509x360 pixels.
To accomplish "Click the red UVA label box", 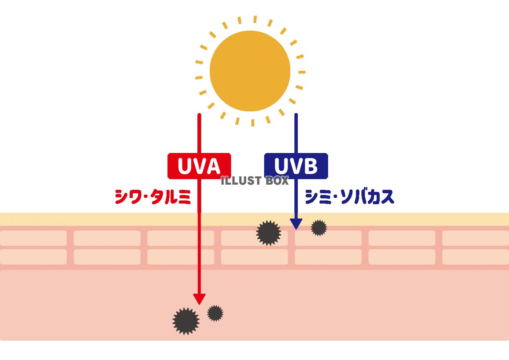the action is tap(199, 166).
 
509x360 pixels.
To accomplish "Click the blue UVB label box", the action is tap(296, 166).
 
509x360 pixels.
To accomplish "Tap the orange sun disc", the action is tap(250, 71).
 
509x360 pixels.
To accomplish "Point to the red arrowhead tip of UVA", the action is tap(199, 305).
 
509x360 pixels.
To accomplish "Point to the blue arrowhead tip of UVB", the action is tap(296, 229).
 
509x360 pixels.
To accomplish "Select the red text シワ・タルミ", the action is tap(153, 197).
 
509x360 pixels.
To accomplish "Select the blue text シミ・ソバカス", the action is tap(349, 197).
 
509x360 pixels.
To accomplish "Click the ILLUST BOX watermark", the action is tap(255, 181).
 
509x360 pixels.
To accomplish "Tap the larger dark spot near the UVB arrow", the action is tap(269, 233).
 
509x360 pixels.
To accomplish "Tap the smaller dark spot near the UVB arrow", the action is tap(319, 228).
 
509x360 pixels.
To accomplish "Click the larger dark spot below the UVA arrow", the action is tap(186, 321).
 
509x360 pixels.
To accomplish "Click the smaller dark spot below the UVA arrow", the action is tap(215, 313).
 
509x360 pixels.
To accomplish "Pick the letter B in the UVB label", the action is tap(310, 166).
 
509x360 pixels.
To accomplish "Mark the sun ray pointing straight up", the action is tap(255, 20).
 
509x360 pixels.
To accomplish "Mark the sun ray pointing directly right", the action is tap(302, 72).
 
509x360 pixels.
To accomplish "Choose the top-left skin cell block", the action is tap(33, 238).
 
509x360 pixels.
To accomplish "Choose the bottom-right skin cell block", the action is tap(476, 257).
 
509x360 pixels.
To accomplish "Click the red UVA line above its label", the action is tap(199, 133).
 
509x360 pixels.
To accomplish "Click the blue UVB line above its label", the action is tap(296, 133).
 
